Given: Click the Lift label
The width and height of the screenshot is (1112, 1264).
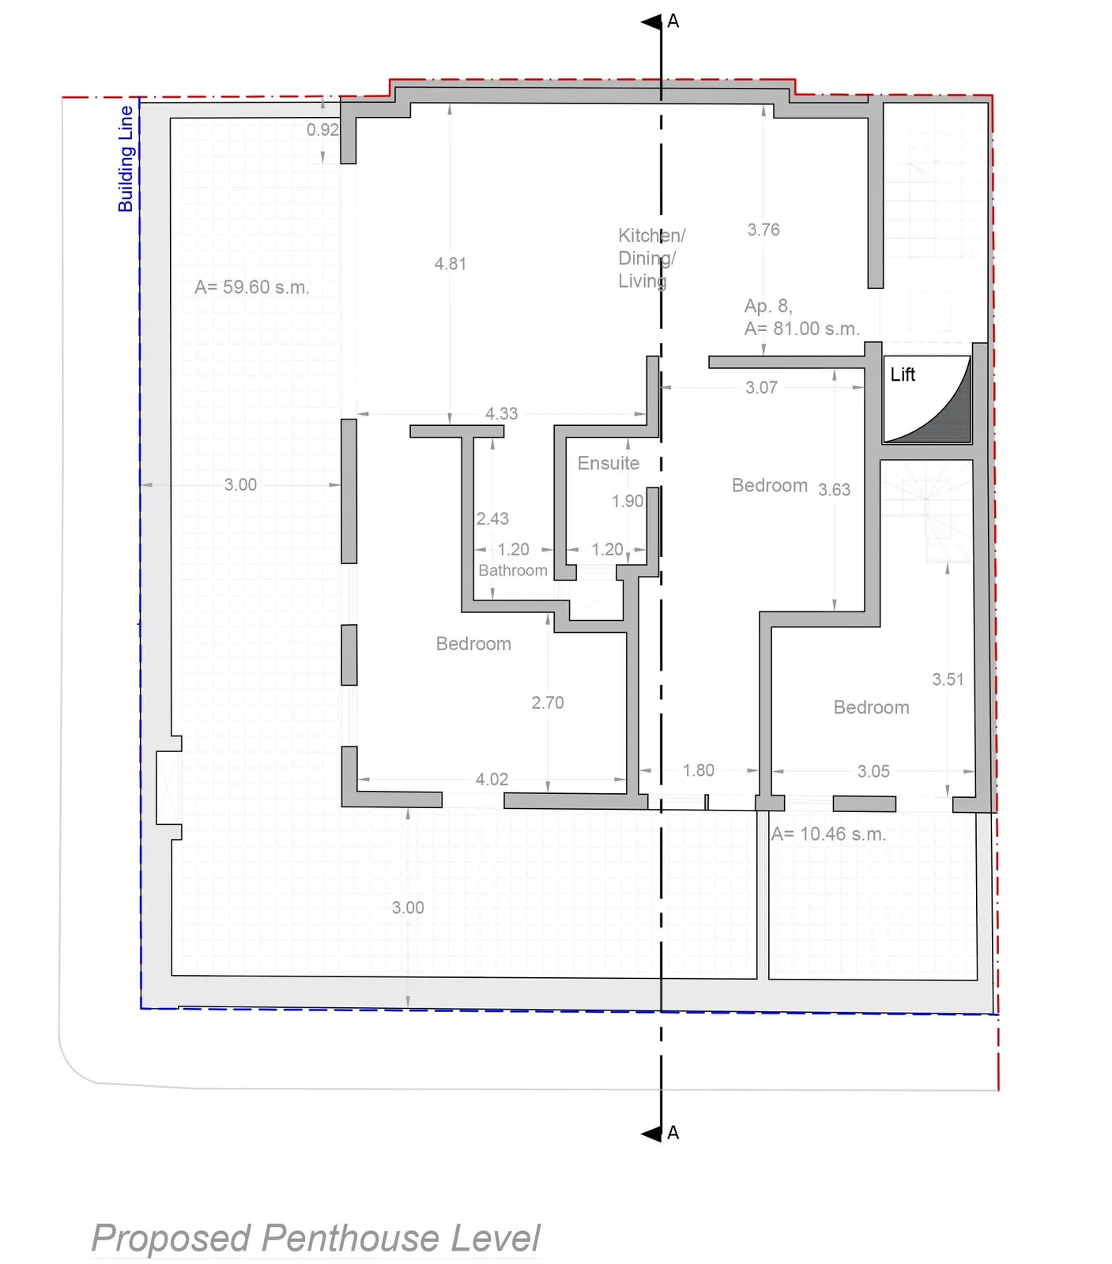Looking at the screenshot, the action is pos(903,374).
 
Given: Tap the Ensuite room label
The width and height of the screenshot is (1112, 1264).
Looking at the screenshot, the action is pos(608,463).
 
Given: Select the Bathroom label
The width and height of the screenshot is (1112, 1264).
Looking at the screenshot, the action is pos(512,570).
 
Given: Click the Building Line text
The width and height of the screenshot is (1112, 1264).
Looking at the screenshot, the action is pos(126,159).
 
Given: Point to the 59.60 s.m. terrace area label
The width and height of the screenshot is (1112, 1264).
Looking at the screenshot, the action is pos(251,287).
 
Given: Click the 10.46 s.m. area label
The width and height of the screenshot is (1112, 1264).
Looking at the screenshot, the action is pos(828,833).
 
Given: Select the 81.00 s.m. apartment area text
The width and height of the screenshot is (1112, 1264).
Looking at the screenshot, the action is pos(801,329).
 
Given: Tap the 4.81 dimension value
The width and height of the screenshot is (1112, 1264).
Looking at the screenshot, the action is pos(450,264).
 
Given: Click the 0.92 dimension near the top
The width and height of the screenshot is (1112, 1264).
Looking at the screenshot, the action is pos(322,130).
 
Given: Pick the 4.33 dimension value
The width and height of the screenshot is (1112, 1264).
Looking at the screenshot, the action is pos(501,413).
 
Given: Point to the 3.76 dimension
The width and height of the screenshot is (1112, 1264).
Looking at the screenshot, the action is pos(763,230).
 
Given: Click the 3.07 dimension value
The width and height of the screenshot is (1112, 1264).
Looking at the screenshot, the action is pos(761,387).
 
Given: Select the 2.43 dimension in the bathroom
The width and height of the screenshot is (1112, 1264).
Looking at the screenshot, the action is pos(492,518).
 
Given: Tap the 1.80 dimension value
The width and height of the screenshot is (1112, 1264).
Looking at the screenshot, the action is pos(699,770).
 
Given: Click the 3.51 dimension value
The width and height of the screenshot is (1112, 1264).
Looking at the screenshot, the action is pos(948,679).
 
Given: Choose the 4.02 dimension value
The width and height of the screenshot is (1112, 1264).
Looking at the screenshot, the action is pos(492,780).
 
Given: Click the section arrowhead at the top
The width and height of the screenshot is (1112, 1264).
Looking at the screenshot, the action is pos(651,22).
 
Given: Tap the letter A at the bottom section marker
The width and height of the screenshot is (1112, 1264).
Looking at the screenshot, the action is pos(673,1133).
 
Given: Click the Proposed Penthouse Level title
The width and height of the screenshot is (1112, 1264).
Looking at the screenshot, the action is pos(316,1238).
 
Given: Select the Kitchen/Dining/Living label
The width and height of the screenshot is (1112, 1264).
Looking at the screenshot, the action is pos(652,258).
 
